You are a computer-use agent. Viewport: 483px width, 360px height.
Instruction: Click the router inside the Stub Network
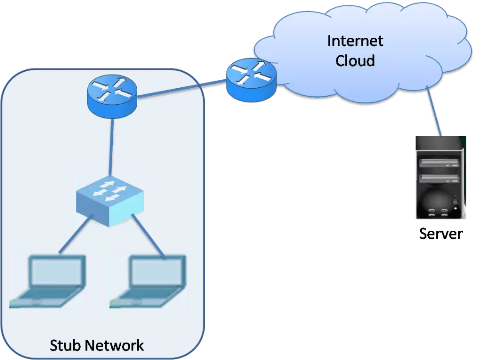tap(112, 96)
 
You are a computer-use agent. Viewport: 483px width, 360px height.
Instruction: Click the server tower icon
tap(440, 178)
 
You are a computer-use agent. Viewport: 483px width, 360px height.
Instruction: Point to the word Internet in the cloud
tap(355, 41)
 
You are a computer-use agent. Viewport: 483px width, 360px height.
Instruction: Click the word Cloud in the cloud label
tap(355, 60)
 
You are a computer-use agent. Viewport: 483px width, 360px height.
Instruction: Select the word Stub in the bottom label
tap(66, 345)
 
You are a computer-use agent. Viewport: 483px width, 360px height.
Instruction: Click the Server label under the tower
tap(439, 234)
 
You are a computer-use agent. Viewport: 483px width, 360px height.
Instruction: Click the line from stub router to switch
tap(111, 146)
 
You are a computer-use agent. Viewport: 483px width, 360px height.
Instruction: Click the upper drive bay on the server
tap(439, 163)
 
